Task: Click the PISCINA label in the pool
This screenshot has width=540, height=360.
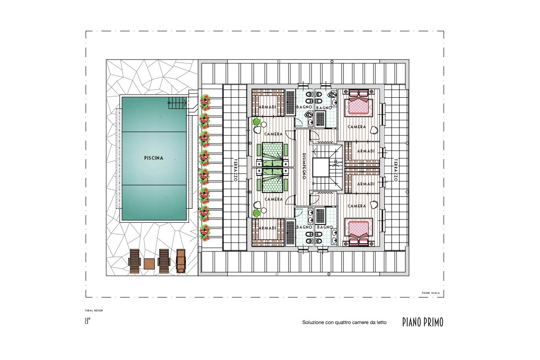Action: click(x=153, y=158)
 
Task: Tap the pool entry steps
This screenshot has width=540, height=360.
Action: click(x=177, y=103)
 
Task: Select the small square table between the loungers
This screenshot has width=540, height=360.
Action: click(x=149, y=263)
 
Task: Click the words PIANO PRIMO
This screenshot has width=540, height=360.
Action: click(x=423, y=322)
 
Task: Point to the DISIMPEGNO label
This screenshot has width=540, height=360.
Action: click(x=305, y=165)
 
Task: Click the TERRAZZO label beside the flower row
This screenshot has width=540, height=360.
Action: click(x=235, y=170)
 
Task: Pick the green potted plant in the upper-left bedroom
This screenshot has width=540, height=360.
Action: click(x=256, y=121)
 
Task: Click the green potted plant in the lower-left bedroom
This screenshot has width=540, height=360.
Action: click(x=256, y=212)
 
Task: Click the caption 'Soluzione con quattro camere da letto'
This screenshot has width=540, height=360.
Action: click(x=342, y=323)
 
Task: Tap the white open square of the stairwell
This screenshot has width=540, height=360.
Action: click(x=322, y=167)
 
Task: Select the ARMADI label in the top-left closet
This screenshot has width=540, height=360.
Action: click(x=267, y=107)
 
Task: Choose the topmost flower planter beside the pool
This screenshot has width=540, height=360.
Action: click(x=206, y=102)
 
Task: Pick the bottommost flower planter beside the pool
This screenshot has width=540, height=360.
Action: click(x=206, y=231)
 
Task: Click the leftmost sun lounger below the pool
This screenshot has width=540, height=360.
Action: click(x=135, y=261)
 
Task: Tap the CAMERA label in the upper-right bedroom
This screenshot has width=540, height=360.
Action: click(x=357, y=127)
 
